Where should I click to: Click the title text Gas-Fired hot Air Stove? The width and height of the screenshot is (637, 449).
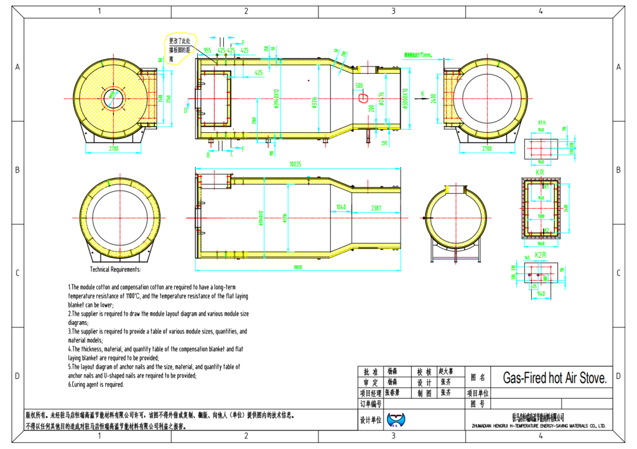point(554,378)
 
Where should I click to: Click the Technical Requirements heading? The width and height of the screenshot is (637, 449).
point(116,270)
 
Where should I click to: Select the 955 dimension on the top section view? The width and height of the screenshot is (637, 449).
point(207,50)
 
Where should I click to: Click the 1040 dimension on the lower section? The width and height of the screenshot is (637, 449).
point(341,207)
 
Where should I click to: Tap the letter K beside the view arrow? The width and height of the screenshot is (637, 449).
point(422,94)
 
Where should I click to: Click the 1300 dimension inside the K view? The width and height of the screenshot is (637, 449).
point(541,216)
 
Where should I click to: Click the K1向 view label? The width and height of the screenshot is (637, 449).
point(541,123)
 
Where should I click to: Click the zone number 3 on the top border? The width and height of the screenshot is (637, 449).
point(393,11)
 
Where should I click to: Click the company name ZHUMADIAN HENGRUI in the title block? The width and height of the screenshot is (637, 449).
point(538,426)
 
